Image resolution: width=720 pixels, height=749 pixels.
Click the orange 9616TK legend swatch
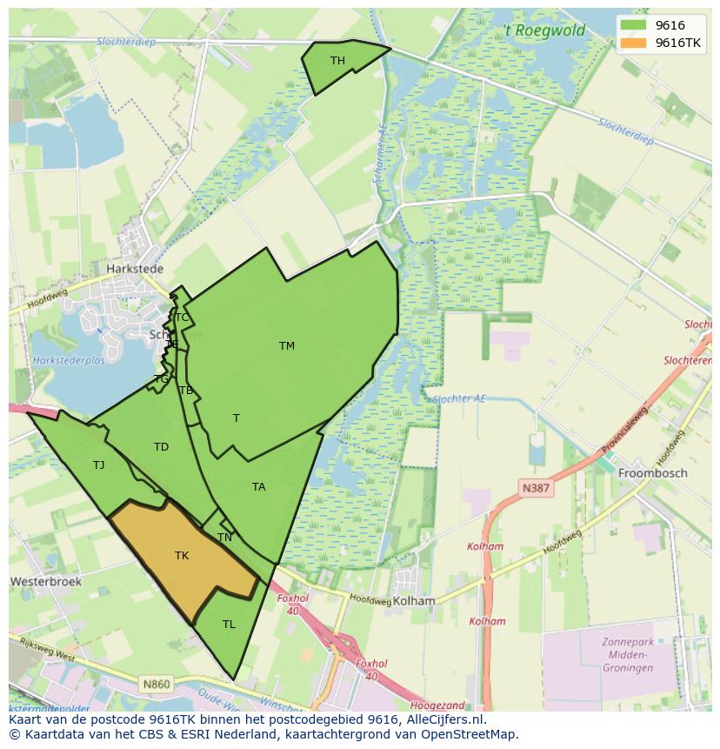(x=635, y=43)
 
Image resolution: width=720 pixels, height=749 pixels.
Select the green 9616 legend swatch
(x=635, y=25)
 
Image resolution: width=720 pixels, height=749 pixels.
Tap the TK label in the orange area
(x=182, y=556)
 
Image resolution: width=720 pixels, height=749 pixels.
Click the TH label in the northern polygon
(x=337, y=61)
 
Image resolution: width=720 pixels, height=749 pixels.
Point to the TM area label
(x=287, y=346)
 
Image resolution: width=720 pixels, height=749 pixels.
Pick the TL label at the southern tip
(x=229, y=625)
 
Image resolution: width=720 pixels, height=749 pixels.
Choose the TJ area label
(x=99, y=465)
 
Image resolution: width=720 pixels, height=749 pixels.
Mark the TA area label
(x=258, y=487)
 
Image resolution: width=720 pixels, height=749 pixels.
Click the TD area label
(x=161, y=447)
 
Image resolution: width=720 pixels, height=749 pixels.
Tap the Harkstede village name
(x=135, y=270)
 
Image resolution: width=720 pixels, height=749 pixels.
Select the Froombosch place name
(x=652, y=473)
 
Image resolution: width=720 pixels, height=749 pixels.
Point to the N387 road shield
(x=536, y=489)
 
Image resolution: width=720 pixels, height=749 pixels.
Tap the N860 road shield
(x=157, y=685)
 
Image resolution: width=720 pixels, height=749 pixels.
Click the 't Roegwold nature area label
(x=544, y=31)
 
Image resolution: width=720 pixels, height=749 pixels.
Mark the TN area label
(x=224, y=538)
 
